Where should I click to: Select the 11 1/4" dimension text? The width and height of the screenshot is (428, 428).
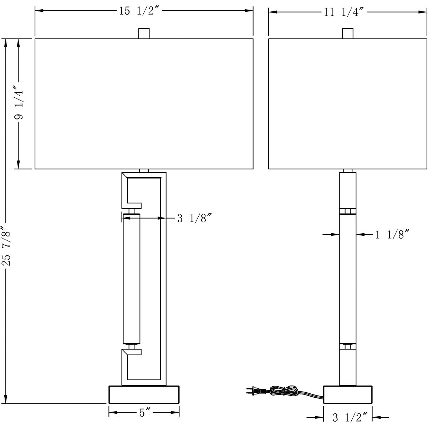344,12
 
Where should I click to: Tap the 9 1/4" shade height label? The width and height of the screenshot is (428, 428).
19,102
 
